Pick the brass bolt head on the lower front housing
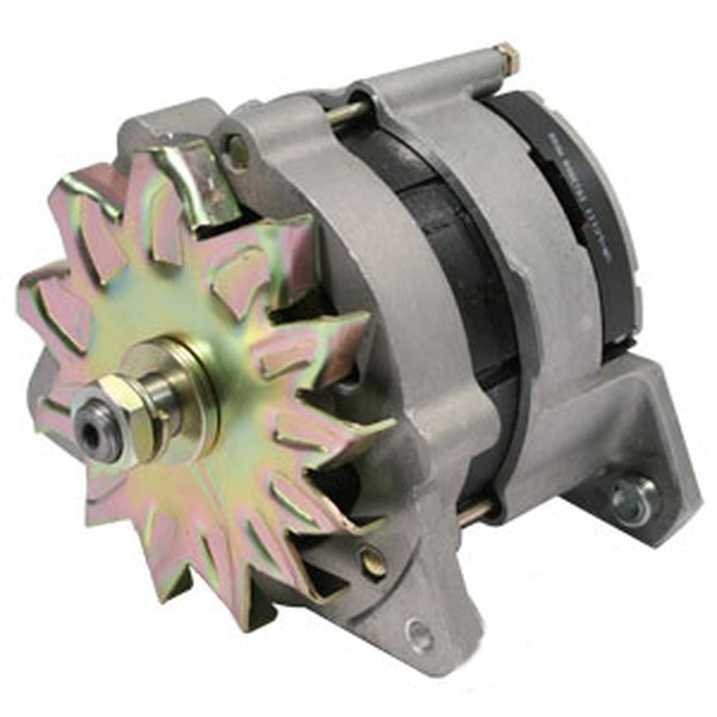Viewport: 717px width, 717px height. (372, 562)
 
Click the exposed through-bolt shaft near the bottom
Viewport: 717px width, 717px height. (476, 511)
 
